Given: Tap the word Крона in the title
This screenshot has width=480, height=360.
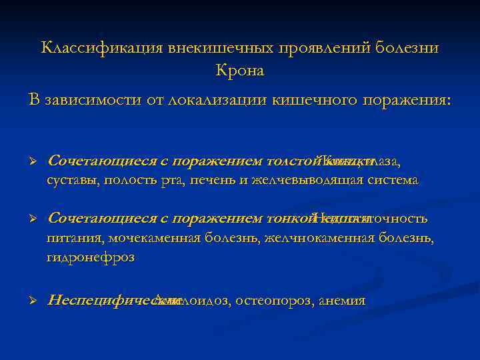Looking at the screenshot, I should [x=240, y=70].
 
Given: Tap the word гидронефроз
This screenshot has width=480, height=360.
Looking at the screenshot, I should [x=90, y=257].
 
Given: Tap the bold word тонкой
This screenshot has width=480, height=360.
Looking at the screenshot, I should [x=289, y=219].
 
